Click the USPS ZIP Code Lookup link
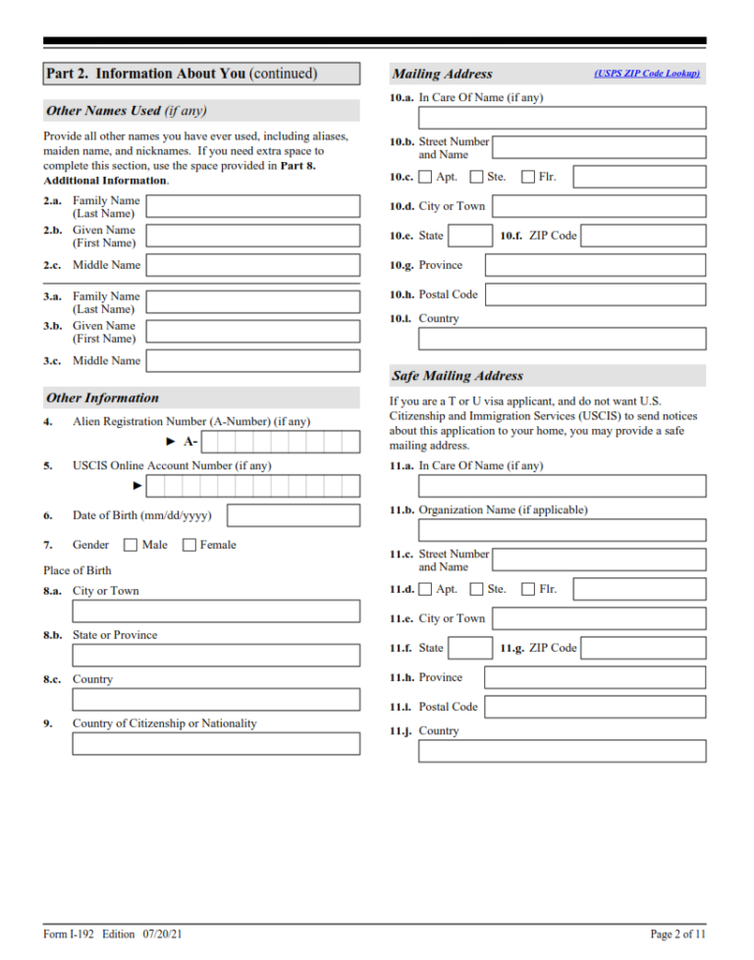(x=646, y=74)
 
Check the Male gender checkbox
(x=131, y=545)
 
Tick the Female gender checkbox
(x=189, y=545)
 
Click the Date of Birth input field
(x=293, y=515)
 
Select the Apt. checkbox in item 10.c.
(x=425, y=178)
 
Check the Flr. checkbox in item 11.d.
(x=528, y=590)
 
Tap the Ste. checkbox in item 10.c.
(x=476, y=178)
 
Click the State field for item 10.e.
(x=470, y=236)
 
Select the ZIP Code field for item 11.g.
(x=643, y=648)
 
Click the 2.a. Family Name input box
(x=252, y=206)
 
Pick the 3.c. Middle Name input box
(x=252, y=361)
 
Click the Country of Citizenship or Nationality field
(x=216, y=744)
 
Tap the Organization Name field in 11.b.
(x=562, y=530)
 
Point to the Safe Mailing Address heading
(x=458, y=376)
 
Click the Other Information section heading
(x=102, y=398)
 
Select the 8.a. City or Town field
(x=216, y=612)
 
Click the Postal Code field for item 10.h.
(x=595, y=294)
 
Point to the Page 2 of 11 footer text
(x=677, y=933)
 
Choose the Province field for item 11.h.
(x=595, y=677)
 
